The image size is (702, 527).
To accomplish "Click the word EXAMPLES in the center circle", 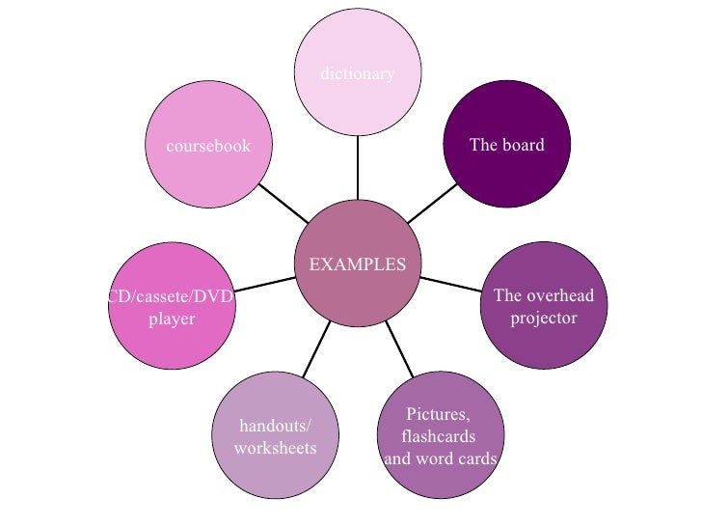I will pos(357,264).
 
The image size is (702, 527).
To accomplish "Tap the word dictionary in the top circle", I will pos(357,73).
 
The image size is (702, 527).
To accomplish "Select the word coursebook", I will pos(208,146).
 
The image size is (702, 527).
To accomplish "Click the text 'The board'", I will pos(506,145).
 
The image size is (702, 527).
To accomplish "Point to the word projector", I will pos(543,318).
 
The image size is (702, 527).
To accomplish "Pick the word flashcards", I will pos(439,436).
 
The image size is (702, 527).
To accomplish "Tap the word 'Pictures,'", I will pos(438,415).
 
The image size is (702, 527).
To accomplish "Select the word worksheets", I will pos(275,448).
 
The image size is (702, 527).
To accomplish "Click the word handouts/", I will pos(275,427).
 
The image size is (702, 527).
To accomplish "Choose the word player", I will pos(172,319).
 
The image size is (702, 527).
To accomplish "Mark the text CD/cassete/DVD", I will pos(172,297).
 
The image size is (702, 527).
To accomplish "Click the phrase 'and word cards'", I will pos(441,458).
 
